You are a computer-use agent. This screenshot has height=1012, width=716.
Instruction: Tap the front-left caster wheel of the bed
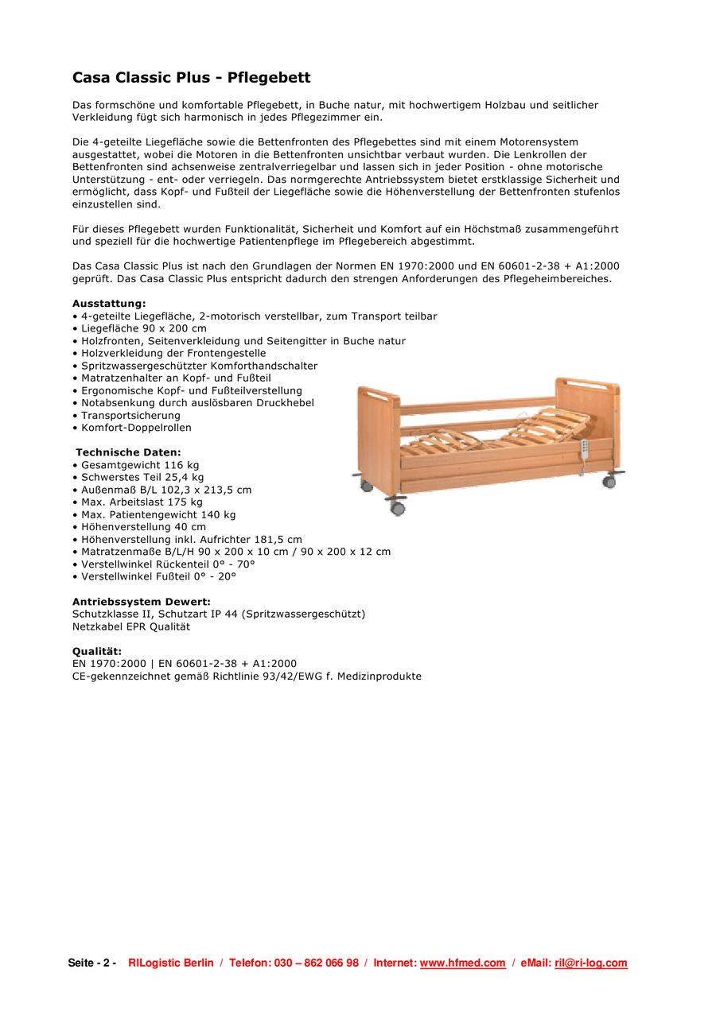point(396,506)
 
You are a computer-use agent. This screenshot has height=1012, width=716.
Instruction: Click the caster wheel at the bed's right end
point(609,480)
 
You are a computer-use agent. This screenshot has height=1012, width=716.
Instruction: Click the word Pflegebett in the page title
point(269,78)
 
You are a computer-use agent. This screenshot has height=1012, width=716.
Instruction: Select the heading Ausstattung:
point(109,304)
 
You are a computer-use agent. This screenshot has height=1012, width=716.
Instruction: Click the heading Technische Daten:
point(128,452)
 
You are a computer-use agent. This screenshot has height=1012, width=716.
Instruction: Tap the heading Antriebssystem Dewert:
point(142,602)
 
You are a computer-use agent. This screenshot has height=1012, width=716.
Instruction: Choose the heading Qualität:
point(97,651)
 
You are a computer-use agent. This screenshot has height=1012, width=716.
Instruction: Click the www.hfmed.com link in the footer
point(462,963)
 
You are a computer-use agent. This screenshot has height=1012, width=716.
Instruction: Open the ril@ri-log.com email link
point(591,963)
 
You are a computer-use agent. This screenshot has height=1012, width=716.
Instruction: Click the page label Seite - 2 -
point(92,963)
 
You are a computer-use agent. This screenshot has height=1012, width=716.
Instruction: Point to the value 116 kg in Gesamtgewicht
point(181,465)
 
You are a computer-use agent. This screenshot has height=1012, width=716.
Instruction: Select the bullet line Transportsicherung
point(130,415)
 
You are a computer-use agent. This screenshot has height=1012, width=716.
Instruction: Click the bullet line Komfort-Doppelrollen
point(136,428)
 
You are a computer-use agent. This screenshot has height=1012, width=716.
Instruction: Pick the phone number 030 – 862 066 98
point(317,963)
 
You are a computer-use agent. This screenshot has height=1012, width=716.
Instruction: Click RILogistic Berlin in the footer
point(171,963)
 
